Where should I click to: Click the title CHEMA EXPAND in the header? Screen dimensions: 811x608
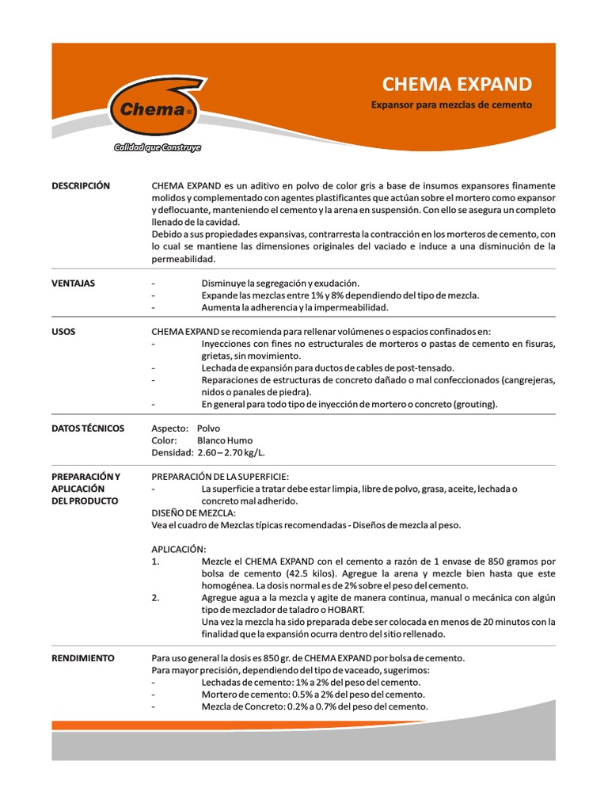coord(457,85)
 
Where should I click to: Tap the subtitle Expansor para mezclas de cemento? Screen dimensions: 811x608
coord(451,105)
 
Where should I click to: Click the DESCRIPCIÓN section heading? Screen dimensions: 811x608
coord(81,186)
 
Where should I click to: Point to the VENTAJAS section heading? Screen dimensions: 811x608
coord(73,283)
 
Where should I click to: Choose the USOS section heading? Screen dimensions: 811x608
coord(63,331)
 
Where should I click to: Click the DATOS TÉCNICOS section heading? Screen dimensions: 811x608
coord(88,428)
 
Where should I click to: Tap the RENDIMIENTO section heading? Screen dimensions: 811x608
coord(83,658)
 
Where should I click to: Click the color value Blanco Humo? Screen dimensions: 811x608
coord(225,440)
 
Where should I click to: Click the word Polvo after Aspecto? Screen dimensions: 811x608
coord(208,428)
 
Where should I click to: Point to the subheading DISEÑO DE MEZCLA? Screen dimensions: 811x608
coord(193,513)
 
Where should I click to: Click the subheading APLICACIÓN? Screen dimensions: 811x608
coord(179,549)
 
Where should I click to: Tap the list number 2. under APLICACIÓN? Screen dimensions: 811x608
coord(155,598)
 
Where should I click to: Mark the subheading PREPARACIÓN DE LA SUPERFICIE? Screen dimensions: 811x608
coord(220,477)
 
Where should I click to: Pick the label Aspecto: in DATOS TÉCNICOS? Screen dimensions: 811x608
coord(169,428)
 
